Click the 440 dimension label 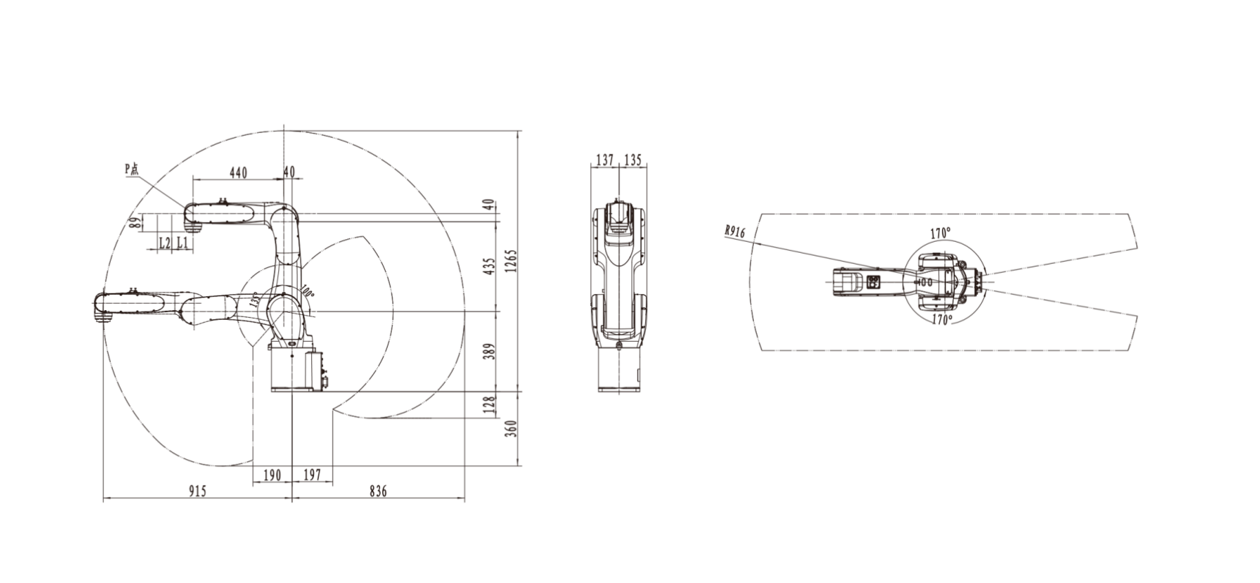(x=238, y=172)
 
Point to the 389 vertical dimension (x=490, y=353)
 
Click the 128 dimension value (x=490, y=405)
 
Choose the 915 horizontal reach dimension (x=197, y=491)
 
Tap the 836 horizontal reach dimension (x=378, y=491)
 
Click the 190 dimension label (x=273, y=474)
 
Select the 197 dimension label (x=313, y=474)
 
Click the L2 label (x=165, y=243)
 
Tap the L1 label (x=182, y=243)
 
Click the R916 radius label (x=735, y=232)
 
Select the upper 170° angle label (x=941, y=234)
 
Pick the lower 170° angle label (x=942, y=320)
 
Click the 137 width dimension (x=605, y=161)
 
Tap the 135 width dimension (x=632, y=161)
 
